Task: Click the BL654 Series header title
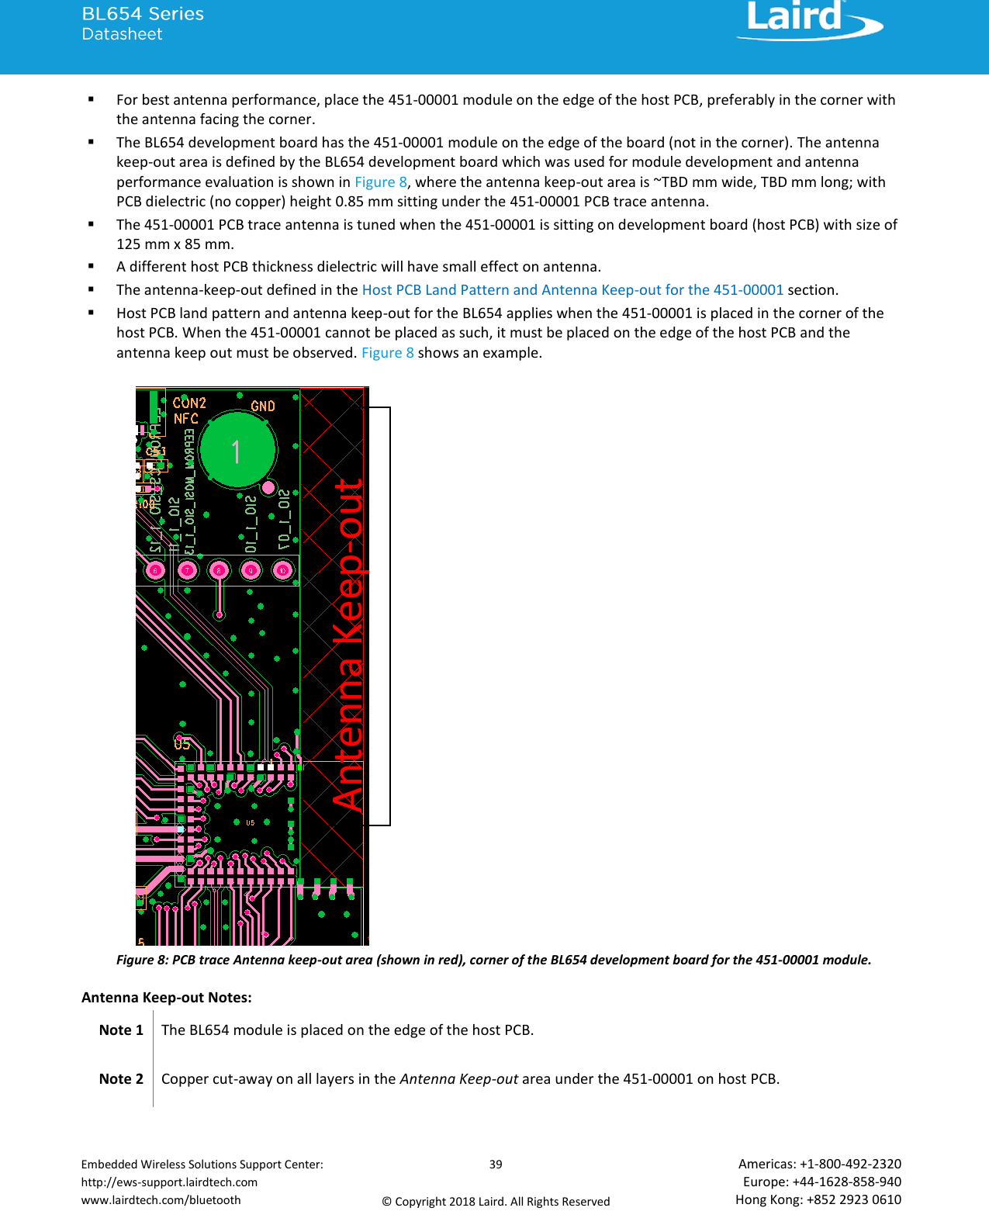point(143,14)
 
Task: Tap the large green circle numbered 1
point(237,450)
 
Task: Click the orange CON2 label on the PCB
point(189,403)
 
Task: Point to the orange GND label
point(263,406)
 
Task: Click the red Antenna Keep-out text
point(349,644)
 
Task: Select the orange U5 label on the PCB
point(182,744)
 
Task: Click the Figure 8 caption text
point(493,960)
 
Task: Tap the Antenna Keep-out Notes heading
point(167,997)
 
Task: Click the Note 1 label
point(121,1030)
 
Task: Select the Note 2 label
point(121,1078)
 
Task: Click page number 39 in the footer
point(496,1164)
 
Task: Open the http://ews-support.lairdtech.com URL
point(169,1182)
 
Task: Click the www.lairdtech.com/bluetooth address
point(161,1199)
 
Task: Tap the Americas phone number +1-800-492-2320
point(850,1164)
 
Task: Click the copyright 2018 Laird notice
point(496,1201)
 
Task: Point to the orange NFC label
point(186,419)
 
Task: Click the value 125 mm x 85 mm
point(175,244)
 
